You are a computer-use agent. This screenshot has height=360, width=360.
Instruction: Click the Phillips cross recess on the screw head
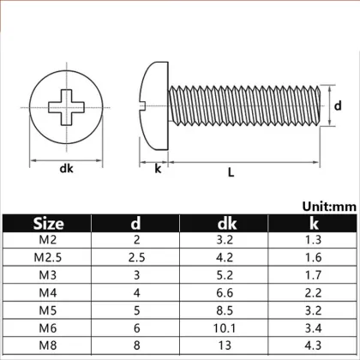point(68,107)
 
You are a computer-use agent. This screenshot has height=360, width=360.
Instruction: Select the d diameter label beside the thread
point(338,106)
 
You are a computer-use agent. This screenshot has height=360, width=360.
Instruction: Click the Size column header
point(48,225)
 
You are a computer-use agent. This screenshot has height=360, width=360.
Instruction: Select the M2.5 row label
point(48,257)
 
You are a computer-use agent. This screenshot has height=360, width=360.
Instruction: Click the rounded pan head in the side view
point(152,107)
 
